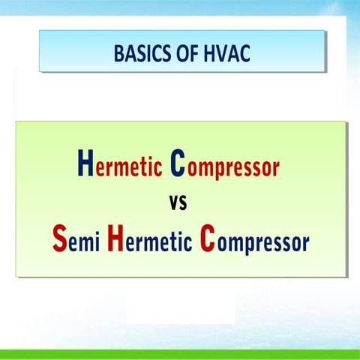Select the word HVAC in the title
(226, 53)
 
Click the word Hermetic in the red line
(120, 163)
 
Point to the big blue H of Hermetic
(85, 163)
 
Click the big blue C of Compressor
(178, 163)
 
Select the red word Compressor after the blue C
(225, 164)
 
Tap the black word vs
(178, 202)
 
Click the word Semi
(76, 238)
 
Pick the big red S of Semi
(60, 238)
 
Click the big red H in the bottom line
(115, 238)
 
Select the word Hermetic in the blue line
(150, 238)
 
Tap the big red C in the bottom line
(207, 238)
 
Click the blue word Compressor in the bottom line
(254, 239)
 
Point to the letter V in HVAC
(218, 53)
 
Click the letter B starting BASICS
(118, 53)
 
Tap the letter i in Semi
(97, 241)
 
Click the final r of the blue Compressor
(306, 243)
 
